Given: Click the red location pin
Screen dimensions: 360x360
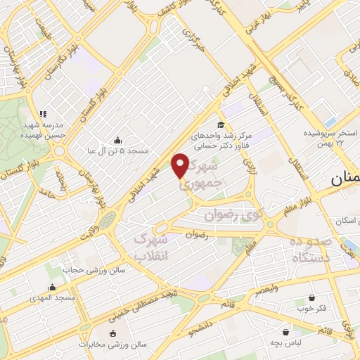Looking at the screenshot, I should (181, 165).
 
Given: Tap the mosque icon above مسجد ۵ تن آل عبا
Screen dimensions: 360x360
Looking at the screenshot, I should (117, 139).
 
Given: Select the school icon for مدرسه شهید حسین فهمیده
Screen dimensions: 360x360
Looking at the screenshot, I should (42, 114).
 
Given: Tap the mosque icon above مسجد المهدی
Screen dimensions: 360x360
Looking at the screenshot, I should (51, 287).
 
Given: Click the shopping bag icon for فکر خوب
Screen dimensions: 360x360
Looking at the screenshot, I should (311, 297).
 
